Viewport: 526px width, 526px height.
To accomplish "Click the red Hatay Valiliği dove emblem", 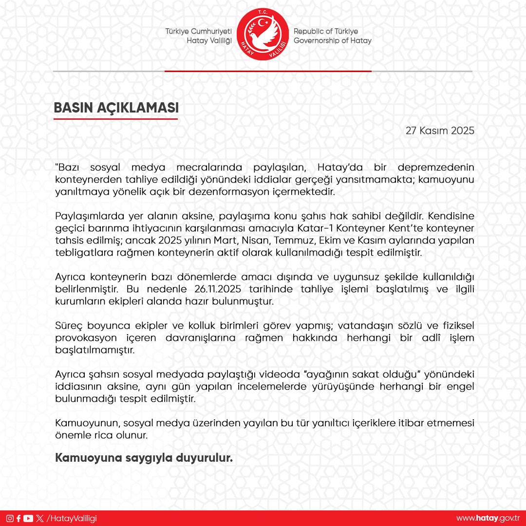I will (x=263, y=35).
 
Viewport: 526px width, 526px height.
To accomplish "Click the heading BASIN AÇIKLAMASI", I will (x=116, y=108).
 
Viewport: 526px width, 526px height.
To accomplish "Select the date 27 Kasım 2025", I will (x=440, y=131).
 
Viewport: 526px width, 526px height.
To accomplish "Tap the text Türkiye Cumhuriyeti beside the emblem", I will (x=198, y=31).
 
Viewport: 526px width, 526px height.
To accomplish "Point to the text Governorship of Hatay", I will (x=332, y=41).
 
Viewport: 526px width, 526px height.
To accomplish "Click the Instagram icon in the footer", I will (x=10, y=518).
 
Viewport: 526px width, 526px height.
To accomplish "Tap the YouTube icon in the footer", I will (x=28, y=518).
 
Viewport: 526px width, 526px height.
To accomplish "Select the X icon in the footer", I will (x=39, y=518).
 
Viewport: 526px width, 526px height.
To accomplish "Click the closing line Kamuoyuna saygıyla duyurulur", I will (x=143, y=458).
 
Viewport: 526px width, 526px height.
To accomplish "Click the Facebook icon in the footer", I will (x=19, y=518).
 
